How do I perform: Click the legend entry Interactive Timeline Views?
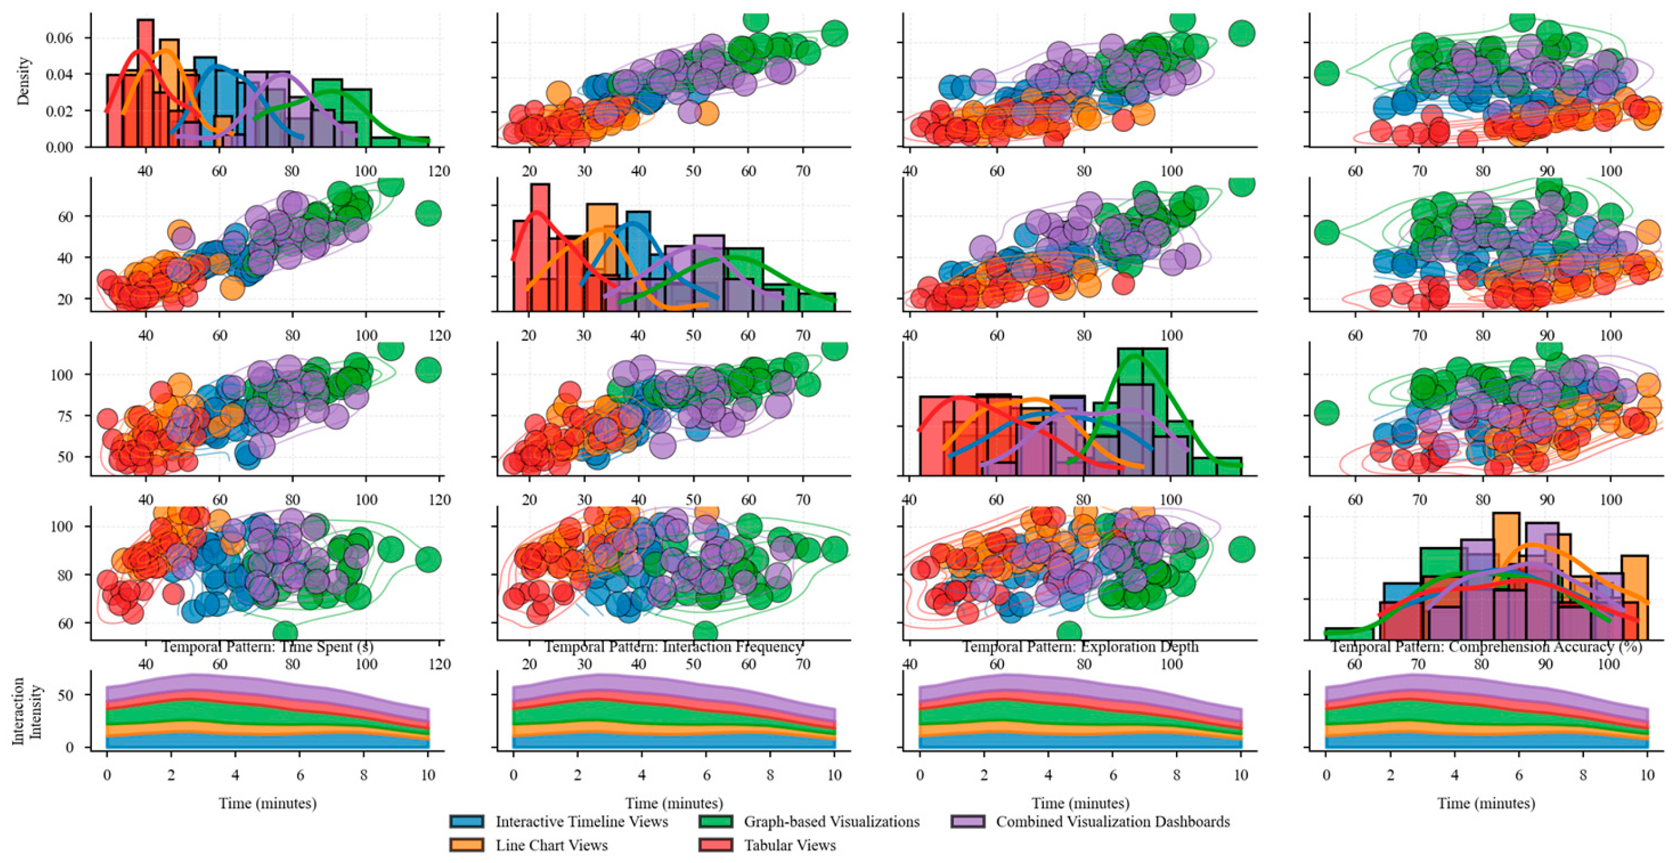pos(581,821)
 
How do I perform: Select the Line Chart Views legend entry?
pos(551,845)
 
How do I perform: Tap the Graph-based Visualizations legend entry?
pos(831,821)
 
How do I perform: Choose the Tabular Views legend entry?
pos(789,845)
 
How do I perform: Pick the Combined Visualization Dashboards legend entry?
pos(1112,821)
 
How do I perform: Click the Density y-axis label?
pos(24,81)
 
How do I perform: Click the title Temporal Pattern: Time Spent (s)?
pos(267,647)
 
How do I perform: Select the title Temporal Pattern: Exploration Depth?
pos(1080,647)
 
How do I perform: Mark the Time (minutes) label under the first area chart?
pos(268,803)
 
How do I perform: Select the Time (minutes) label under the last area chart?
pos(1486,803)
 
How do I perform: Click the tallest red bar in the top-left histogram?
pos(145,78)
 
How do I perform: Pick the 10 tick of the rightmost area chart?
pos(1647,775)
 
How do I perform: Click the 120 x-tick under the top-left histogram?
pos(440,171)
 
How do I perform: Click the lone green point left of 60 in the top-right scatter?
pos(1326,73)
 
